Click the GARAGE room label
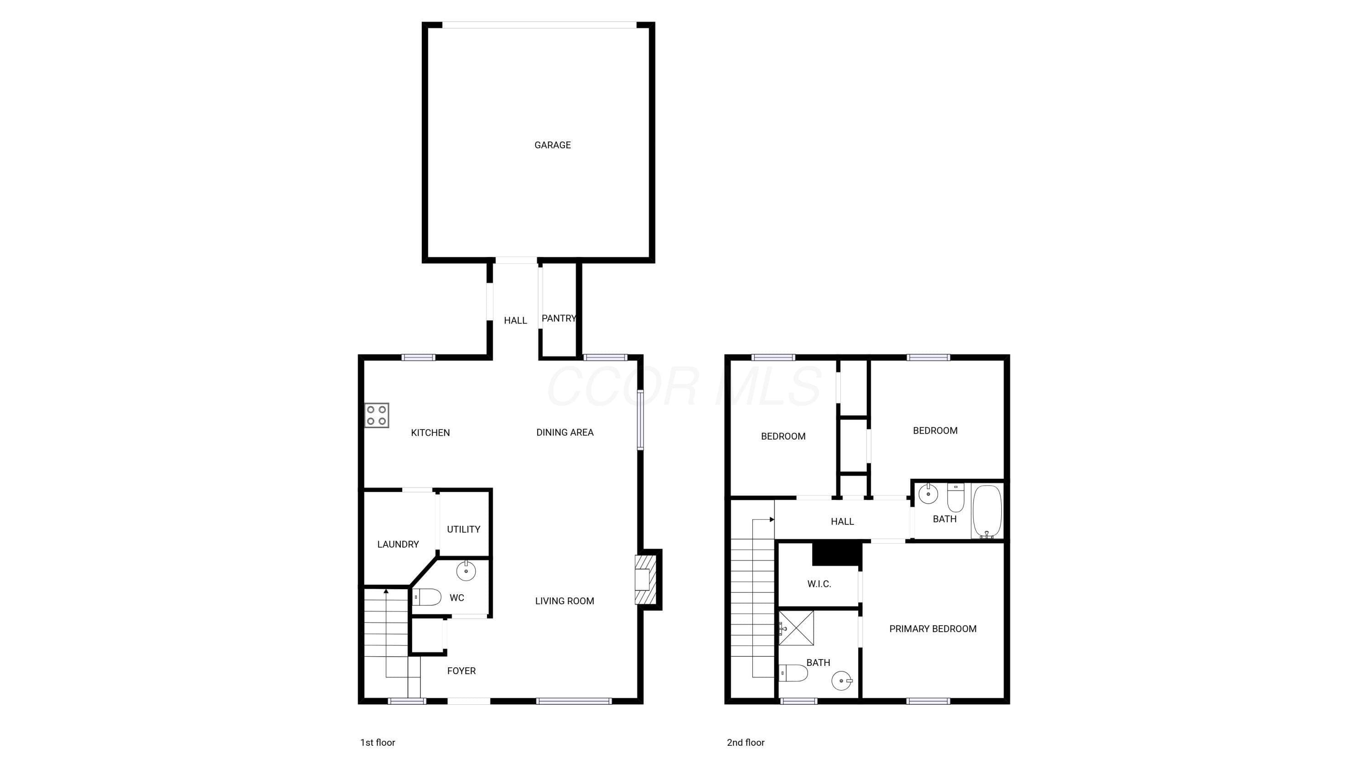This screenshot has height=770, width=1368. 552,145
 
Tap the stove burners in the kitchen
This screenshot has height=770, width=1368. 377,415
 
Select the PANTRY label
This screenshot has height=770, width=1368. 559,318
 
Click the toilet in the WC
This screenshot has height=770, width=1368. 427,597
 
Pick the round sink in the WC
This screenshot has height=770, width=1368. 466,571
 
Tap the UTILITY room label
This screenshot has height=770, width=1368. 464,529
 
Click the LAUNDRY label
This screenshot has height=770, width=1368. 398,544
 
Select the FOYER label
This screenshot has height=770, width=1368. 461,671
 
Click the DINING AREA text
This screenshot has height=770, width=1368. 565,433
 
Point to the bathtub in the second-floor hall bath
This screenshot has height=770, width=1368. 987,511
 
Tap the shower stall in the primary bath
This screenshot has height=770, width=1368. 796,628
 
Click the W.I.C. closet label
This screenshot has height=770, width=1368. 819,584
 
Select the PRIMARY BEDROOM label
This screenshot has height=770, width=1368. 933,629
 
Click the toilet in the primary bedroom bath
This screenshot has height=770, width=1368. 793,673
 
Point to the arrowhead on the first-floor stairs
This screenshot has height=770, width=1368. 386,591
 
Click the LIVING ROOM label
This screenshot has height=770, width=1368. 565,601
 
